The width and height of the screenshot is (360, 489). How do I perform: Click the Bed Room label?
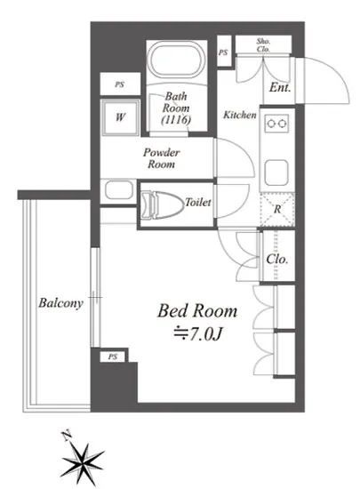tap(197, 311)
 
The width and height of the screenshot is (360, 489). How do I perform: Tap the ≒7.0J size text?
tap(198, 334)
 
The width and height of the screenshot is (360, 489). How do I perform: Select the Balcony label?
tap(60, 303)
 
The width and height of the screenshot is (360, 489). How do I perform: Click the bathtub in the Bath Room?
tap(176, 60)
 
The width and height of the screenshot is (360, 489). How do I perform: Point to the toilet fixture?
tap(162, 204)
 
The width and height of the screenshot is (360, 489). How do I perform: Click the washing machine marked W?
tap(120, 117)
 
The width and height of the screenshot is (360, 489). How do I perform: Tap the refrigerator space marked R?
tap(277, 209)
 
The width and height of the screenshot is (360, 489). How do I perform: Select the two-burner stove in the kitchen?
tap(276, 124)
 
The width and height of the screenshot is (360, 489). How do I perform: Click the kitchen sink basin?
tap(276, 172)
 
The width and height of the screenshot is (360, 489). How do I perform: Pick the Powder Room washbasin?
tap(119, 189)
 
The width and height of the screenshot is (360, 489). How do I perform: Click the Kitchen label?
tap(240, 115)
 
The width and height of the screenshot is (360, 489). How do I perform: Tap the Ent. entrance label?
tap(280, 87)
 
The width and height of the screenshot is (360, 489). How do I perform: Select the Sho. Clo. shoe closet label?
tap(263, 45)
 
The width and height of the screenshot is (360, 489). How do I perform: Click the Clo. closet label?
tap(276, 259)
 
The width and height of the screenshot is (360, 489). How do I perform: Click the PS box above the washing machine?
tap(120, 84)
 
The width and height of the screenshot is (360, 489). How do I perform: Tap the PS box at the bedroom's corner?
tap(113, 357)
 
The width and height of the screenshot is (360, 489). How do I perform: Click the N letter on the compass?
tap(66, 436)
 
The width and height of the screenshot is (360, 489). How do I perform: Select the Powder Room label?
tap(162, 158)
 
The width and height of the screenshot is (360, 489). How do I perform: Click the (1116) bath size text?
tap(176, 119)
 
